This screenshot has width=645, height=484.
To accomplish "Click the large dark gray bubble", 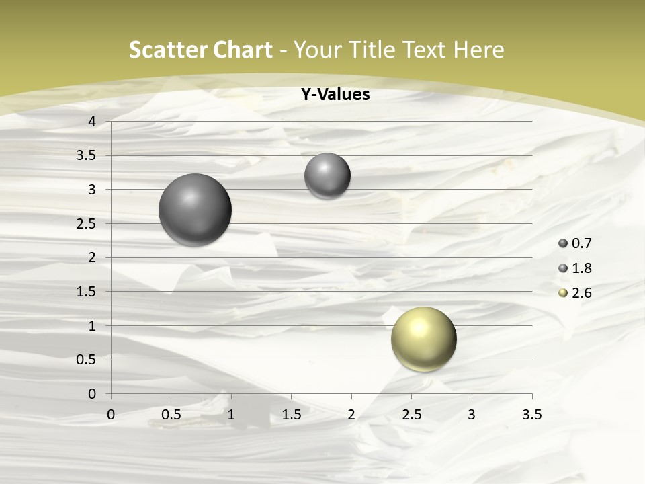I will click(195, 210).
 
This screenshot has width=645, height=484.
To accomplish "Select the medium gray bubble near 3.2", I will click(327, 176).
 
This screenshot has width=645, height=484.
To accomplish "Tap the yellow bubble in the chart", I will click(423, 339).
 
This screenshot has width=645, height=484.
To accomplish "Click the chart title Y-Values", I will click(335, 95).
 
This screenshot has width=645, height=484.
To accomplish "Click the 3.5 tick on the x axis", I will click(531, 415).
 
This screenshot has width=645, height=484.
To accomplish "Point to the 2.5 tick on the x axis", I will click(411, 415).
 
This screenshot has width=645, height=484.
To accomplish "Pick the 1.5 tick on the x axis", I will click(291, 415).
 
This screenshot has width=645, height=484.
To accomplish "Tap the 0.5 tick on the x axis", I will click(171, 415).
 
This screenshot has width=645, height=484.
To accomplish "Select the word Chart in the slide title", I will click(243, 50).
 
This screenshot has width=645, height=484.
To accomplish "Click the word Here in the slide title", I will click(478, 50).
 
